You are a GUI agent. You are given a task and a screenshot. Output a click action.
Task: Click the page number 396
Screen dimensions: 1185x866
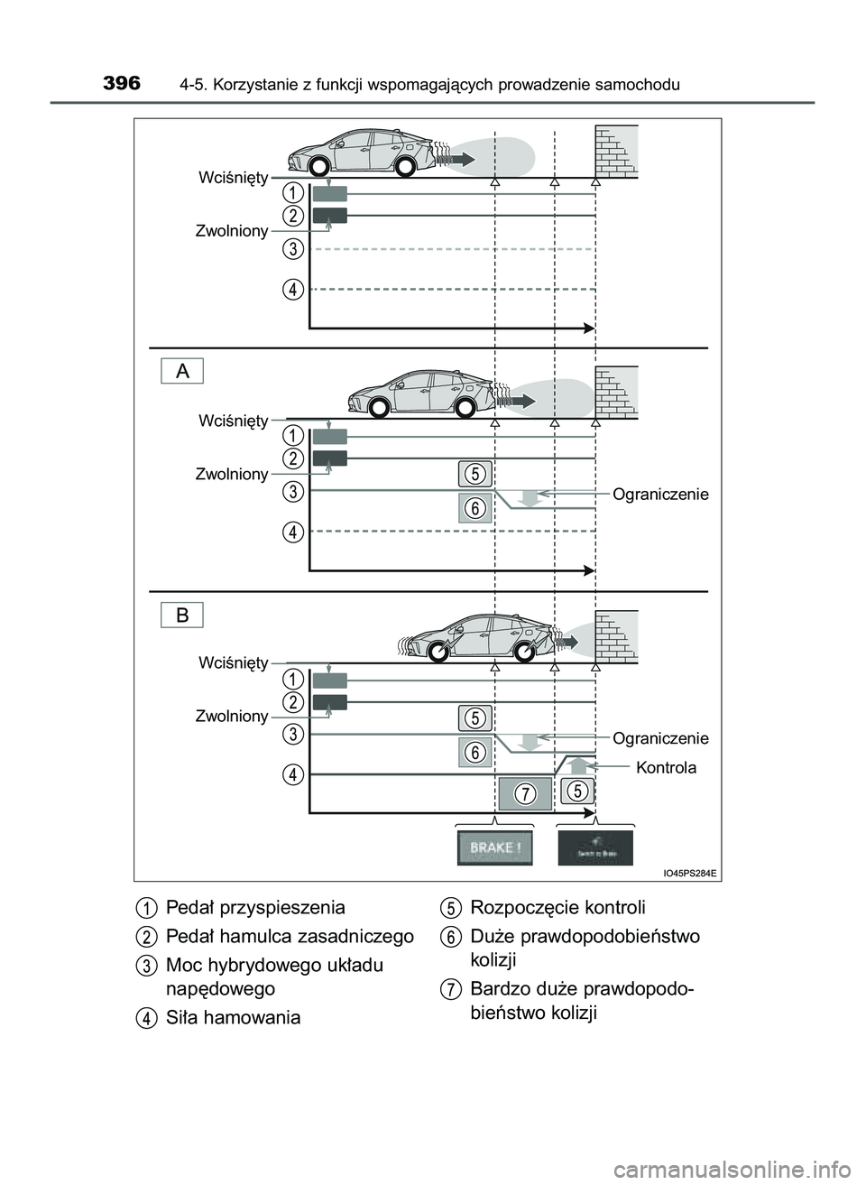click(x=122, y=84)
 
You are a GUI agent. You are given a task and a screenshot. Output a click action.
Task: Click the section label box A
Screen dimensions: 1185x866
click(x=183, y=370)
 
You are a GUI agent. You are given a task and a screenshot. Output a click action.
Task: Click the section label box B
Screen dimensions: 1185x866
click(x=183, y=615)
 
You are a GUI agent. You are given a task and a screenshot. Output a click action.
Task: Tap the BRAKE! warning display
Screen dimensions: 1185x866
click(x=494, y=848)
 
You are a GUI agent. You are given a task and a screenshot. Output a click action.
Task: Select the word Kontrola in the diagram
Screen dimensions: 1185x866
click(x=666, y=768)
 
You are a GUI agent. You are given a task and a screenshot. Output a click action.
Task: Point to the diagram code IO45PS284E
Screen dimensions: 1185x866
click(x=689, y=873)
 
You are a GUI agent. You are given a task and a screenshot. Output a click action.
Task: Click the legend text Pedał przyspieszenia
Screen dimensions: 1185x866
click(x=255, y=907)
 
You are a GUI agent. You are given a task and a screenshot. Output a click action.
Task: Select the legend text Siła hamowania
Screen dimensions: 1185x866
click(x=233, y=1017)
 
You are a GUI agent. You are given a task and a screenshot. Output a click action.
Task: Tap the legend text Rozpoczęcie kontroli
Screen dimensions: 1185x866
click(x=557, y=907)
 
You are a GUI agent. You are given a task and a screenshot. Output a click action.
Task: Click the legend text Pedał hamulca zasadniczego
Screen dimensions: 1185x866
click(x=290, y=936)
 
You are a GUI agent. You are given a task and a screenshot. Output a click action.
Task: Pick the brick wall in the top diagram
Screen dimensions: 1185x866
click(x=615, y=151)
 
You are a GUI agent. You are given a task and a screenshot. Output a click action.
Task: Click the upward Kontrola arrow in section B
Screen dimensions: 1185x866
click(x=578, y=765)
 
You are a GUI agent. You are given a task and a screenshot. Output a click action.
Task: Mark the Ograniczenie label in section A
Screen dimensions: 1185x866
click(x=660, y=495)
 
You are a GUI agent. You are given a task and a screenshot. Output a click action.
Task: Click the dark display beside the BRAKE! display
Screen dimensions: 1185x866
click(x=595, y=848)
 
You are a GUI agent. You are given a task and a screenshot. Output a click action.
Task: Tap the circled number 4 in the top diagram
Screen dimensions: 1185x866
click(x=292, y=290)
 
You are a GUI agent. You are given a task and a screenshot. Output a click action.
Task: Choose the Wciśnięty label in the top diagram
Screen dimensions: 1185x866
click(x=233, y=178)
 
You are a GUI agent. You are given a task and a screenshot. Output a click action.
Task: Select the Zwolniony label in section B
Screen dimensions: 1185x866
click(x=232, y=716)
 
